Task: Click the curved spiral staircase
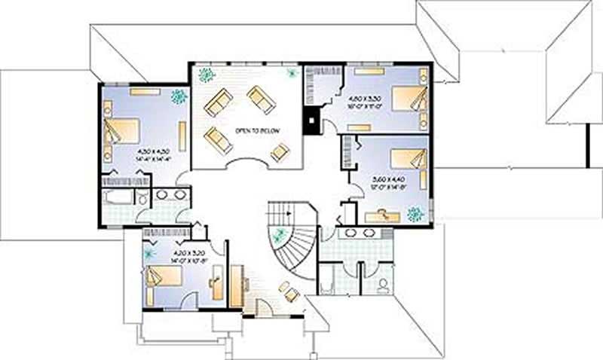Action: coord(298,241)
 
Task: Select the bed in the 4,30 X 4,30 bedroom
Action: coord(121,131)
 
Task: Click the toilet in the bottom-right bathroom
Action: coord(383,285)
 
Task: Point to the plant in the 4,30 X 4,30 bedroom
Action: coord(179,96)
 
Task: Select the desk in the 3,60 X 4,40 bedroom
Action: coord(381,216)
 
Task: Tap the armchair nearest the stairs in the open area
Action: coord(289,291)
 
